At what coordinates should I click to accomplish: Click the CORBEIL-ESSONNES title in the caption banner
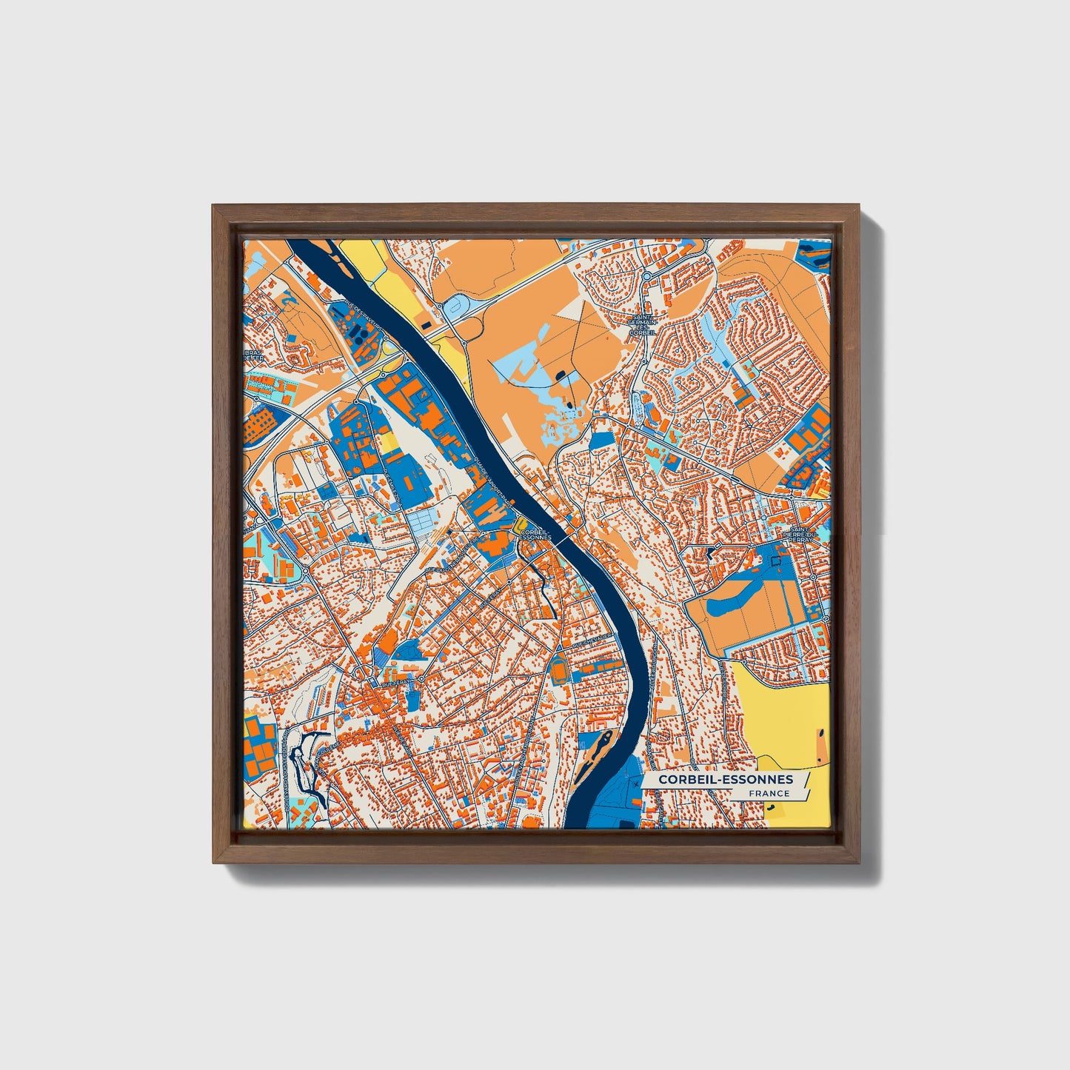pos(725,780)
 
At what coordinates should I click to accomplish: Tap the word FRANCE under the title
pos(769,794)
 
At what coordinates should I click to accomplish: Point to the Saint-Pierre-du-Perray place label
pos(798,535)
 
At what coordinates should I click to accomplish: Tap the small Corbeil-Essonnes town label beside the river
pos(535,534)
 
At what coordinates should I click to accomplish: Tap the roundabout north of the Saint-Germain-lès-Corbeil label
pos(646,276)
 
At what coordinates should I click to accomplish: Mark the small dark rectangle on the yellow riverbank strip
pos(426,324)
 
